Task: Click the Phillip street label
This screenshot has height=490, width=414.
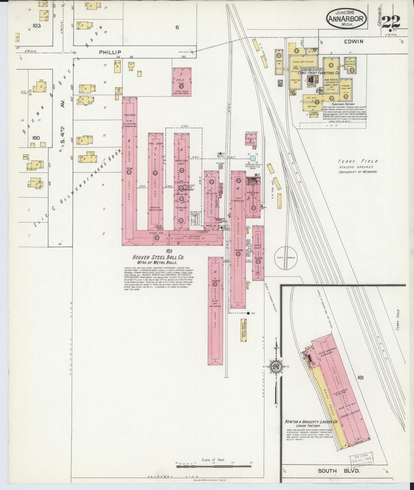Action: click(110, 52)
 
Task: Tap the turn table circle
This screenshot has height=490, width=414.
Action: click(287, 257)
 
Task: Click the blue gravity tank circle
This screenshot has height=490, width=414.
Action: click(253, 158)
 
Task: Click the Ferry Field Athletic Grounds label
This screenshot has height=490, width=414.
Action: click(358, 166)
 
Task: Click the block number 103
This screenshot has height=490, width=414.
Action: click(37, 26)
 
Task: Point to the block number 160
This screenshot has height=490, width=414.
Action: click(36, 138)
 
